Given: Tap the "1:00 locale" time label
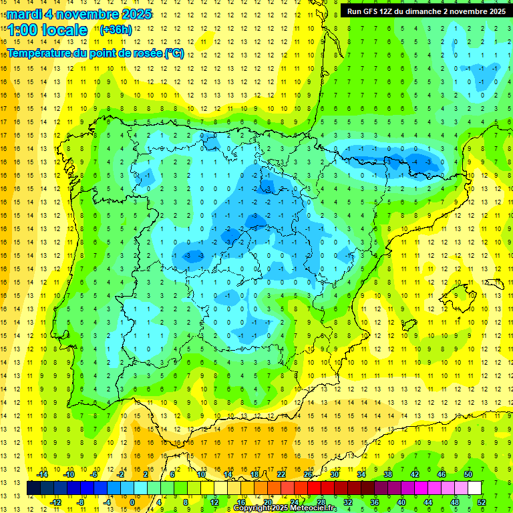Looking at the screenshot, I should [x=47, y=30].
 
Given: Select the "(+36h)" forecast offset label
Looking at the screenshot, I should [x=116, y=29].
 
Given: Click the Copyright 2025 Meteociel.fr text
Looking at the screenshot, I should [x=285, y=508].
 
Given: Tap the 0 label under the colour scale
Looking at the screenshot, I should [x=132, y=502].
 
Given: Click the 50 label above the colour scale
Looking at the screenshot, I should [x=468, y=474].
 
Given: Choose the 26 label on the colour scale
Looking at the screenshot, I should [x=308, y=474].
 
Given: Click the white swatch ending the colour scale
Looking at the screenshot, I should [x=474, y=488].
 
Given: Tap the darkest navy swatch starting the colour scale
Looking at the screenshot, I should [x=33, y=488].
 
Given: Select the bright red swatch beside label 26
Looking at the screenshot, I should [x=314, y=488].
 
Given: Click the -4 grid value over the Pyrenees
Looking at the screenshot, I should [x=416, y=162].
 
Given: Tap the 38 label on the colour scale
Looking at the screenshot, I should [x=388, y=474].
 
